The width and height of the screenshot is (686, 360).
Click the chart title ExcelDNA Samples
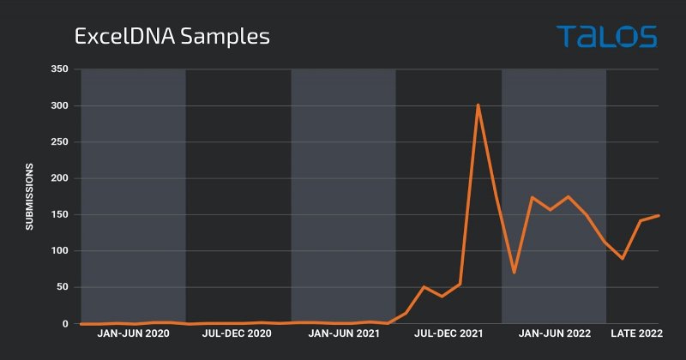coord(171,37)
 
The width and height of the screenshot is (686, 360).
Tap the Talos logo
coord(606,36)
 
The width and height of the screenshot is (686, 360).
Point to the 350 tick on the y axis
coord(57,69)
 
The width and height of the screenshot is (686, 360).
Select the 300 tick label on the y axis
coord(57,106)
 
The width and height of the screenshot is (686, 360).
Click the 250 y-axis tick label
coord(57,142)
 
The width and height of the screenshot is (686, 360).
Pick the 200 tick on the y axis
coord(57,179)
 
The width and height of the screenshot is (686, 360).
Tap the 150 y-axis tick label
coord(57,215)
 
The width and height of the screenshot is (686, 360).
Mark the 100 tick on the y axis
coord(57,251)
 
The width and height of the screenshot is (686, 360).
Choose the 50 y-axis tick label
coord(61,288)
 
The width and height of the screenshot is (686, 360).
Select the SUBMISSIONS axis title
coord(29,196)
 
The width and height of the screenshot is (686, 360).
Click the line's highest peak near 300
coord(478,105)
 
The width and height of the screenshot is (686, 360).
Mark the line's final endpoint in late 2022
coord(659,215)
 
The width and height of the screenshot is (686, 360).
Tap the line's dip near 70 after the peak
coord(514,273)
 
